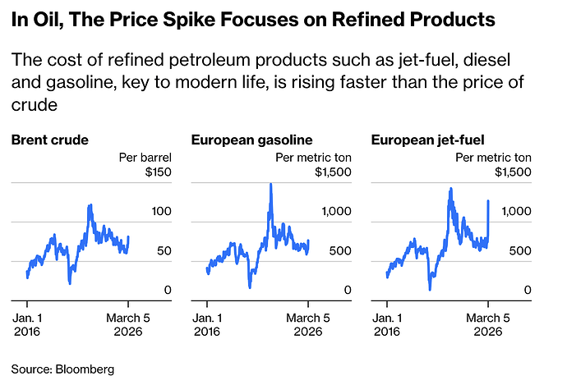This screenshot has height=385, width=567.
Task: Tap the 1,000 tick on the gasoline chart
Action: tap(337, 212)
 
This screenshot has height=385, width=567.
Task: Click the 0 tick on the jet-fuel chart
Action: tap(530, 291)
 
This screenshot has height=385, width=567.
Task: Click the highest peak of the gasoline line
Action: tap(270, 185)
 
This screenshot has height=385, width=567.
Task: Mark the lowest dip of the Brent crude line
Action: tap(69, 283)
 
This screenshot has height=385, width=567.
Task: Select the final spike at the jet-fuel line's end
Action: tap(489, 200)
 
